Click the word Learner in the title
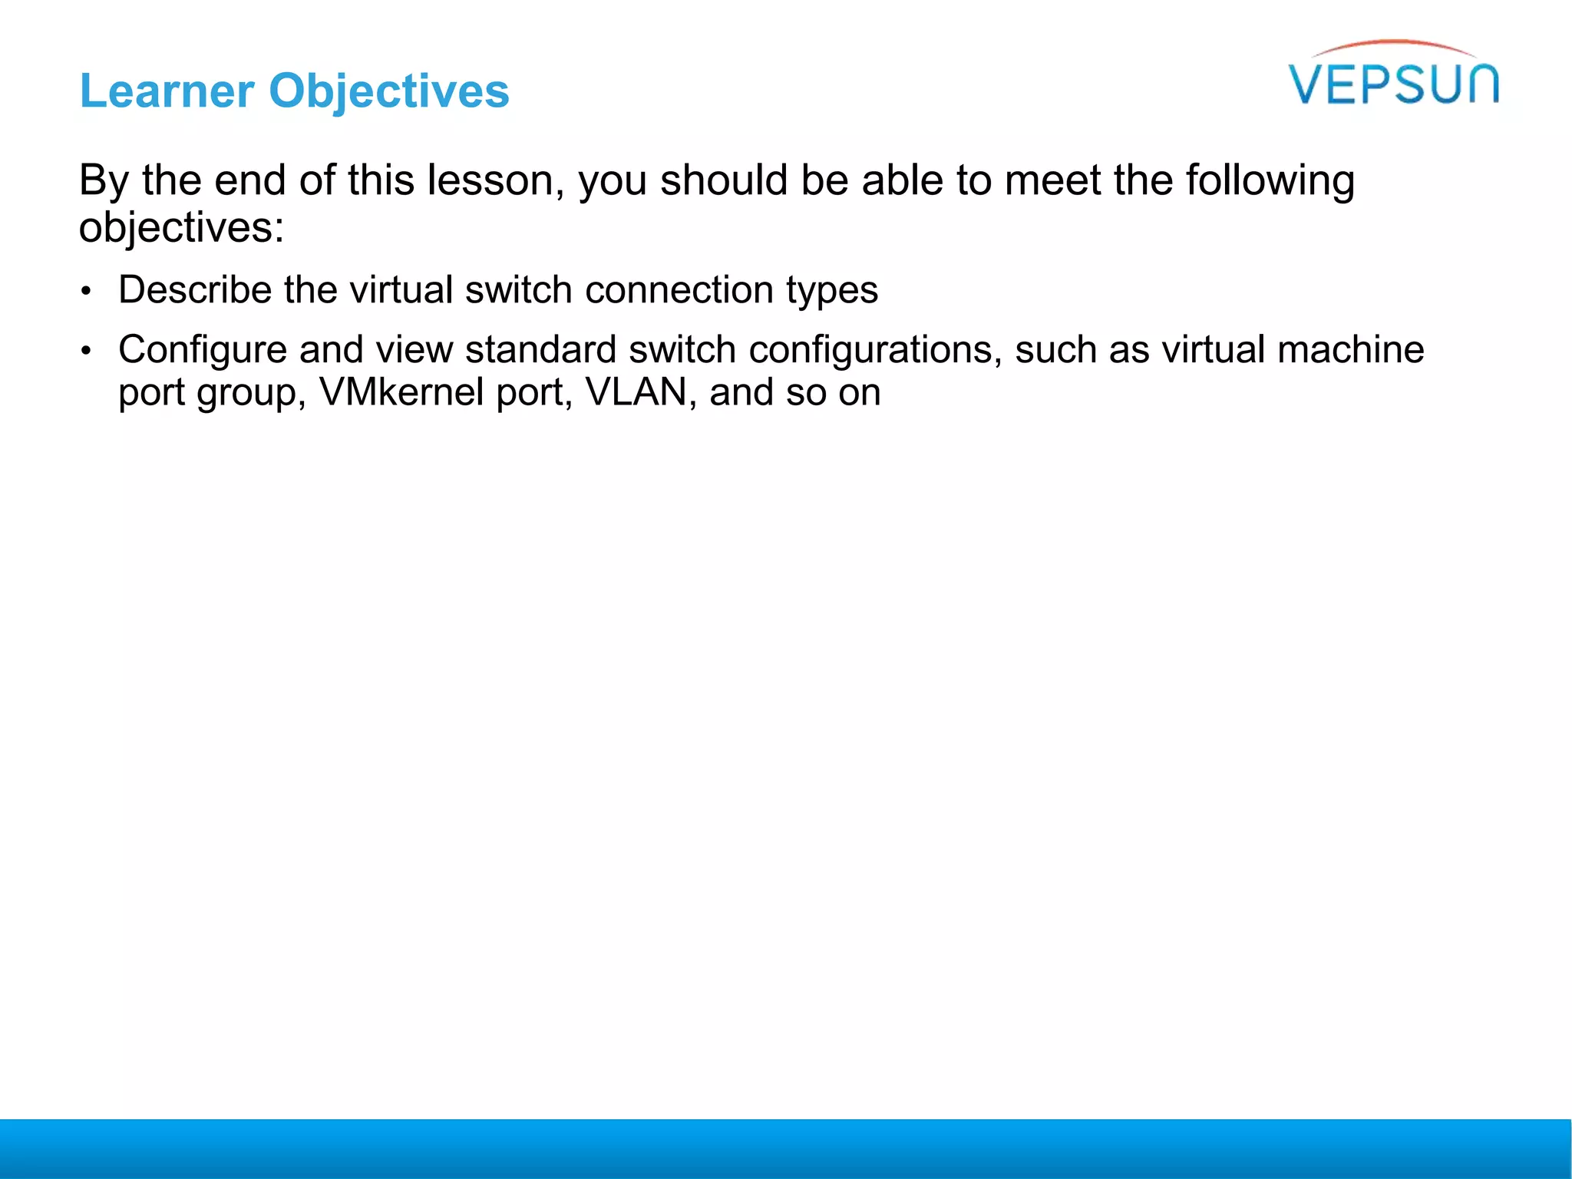click(167, 91)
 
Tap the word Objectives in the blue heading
click(388, 91)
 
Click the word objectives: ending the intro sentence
click(181, 228)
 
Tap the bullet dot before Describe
click(87, 292)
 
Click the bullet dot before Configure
click(87, 352)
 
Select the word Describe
click(195, 290)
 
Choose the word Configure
click(202, 350)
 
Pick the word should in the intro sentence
click(724, 181)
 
